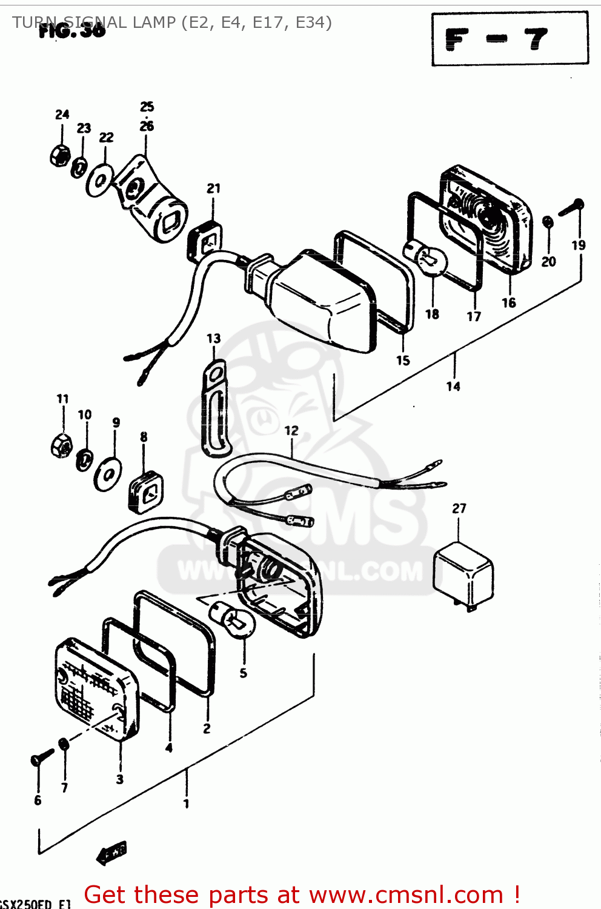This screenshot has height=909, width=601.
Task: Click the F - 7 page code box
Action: (x=510, y=39)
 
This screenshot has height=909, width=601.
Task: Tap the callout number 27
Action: (x=459, y=508)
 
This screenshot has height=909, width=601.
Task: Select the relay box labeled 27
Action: (x=463, y=575)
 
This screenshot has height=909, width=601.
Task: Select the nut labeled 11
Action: (x=61, y=445)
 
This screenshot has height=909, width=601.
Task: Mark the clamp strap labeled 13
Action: (x=214, y=406)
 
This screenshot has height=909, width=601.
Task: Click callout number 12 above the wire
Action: (x=291, y=430)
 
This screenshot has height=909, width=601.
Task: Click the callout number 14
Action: (x=453, y=386)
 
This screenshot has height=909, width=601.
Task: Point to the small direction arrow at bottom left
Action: (x=112, y=853)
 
